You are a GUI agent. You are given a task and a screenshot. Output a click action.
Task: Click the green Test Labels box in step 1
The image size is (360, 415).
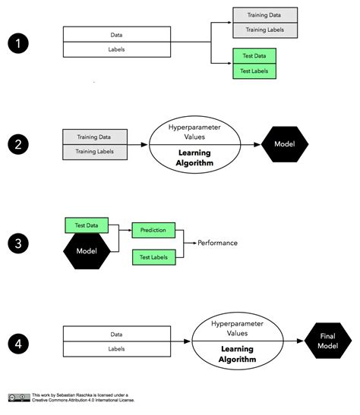pos(254,71)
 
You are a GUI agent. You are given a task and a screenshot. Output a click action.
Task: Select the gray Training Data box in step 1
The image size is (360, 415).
pos(264,16)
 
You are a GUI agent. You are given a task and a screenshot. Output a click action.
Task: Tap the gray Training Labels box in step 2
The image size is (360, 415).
pos(93,152)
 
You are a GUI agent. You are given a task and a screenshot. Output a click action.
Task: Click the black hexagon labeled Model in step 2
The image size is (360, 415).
pos(286,144)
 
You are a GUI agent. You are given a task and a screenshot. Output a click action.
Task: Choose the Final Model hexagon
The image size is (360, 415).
pos(328,341)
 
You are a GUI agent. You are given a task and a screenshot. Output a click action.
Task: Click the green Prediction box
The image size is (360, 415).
pos(154,229)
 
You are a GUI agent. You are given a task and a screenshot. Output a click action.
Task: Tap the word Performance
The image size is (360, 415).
pos(218,243)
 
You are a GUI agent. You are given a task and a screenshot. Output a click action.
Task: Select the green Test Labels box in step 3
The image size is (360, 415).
pos(154,256)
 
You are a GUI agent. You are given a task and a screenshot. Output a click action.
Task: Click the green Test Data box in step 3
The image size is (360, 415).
pos(87,225)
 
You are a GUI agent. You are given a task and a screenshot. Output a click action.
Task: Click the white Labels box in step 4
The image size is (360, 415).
pos(116,348)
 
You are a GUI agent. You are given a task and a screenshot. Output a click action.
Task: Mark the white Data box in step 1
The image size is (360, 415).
pos(116,35)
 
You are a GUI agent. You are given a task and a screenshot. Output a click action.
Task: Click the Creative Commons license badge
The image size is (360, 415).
pos(19,397)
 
